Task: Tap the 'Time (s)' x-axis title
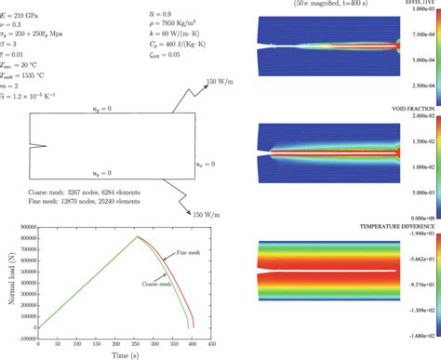point(128,353)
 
